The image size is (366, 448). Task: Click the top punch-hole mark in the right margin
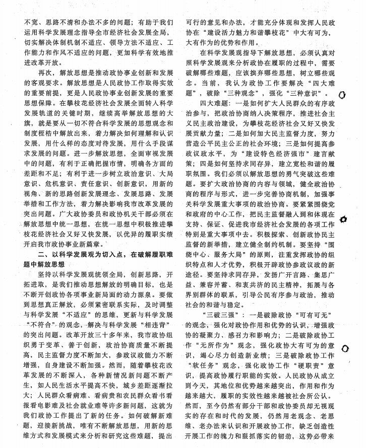click(x=343, y=95)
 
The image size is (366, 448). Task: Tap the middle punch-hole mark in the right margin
click(x=344, y=219)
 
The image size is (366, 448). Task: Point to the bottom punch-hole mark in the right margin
click(x=345, y=348)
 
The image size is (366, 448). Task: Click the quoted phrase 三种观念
click(x=239, y=94)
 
